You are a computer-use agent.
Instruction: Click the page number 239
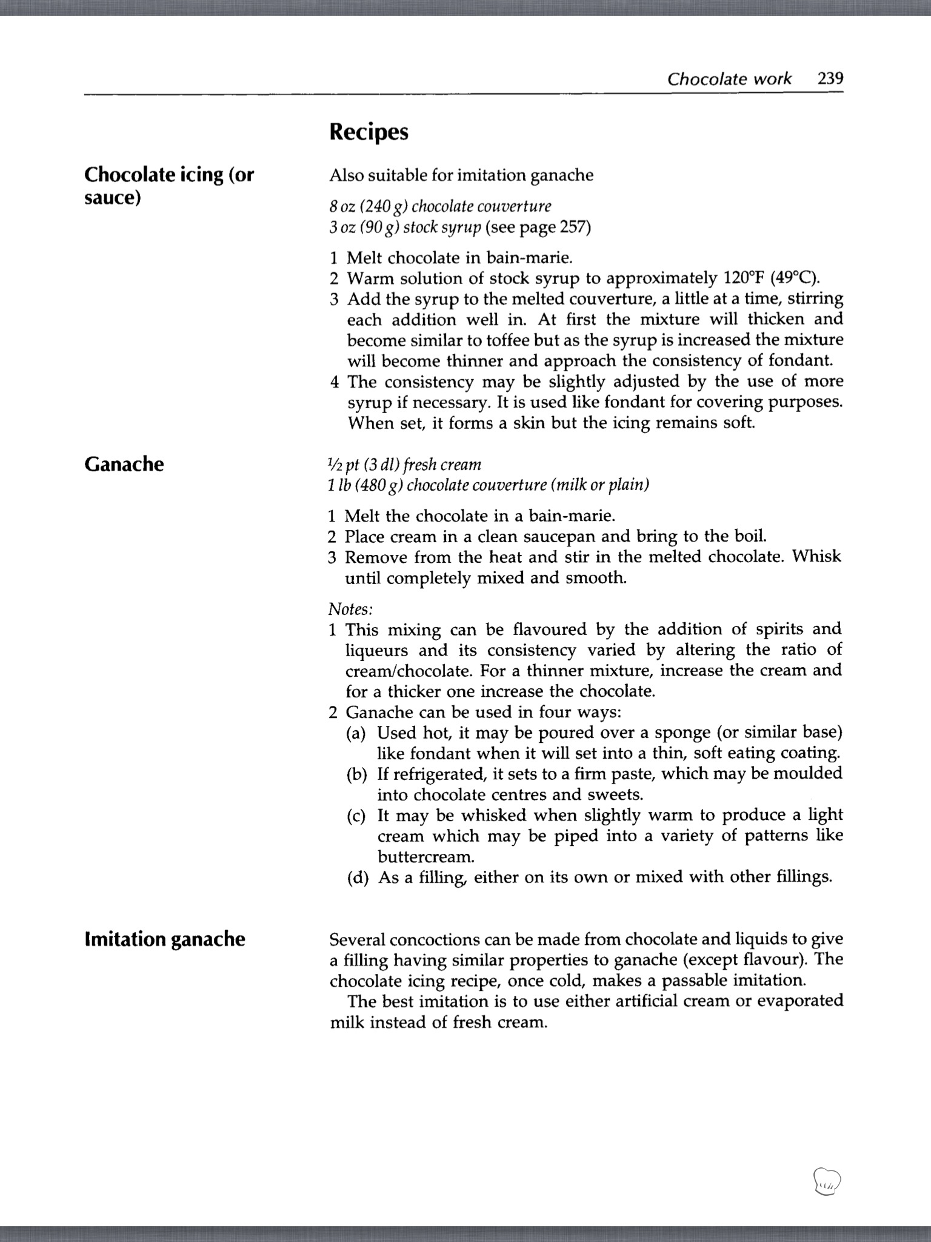pyautogui.click(x=830, y=79)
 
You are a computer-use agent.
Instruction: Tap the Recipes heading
pyautogui.click(x=369, y=132)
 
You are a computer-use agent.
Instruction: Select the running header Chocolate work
pyautogui.click(x=729, y=79)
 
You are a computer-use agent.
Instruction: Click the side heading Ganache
pyautogui.click(x=124, y=464)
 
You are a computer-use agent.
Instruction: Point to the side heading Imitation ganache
pyautogui.click(x=165, y=939)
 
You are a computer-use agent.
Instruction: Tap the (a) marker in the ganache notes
pyautogui.click(x=356, y=733)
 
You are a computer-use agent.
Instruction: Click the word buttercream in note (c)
pyautogui.click(x=425, y=857)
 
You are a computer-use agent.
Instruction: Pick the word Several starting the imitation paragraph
pyautogui.click(x=357, y=939)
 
